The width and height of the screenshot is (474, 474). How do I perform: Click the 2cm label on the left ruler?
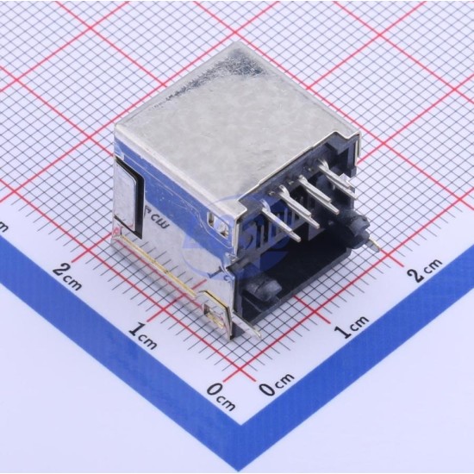67,278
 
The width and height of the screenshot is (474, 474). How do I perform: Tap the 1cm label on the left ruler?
142,335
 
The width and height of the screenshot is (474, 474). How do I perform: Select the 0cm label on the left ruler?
221,397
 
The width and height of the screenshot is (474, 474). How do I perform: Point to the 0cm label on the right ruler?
277,384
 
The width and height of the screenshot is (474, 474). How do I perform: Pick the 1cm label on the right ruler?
352,327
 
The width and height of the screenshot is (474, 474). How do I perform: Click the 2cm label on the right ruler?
424,271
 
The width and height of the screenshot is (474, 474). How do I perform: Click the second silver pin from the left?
299,206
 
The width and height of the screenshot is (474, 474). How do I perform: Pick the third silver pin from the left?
318,193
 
